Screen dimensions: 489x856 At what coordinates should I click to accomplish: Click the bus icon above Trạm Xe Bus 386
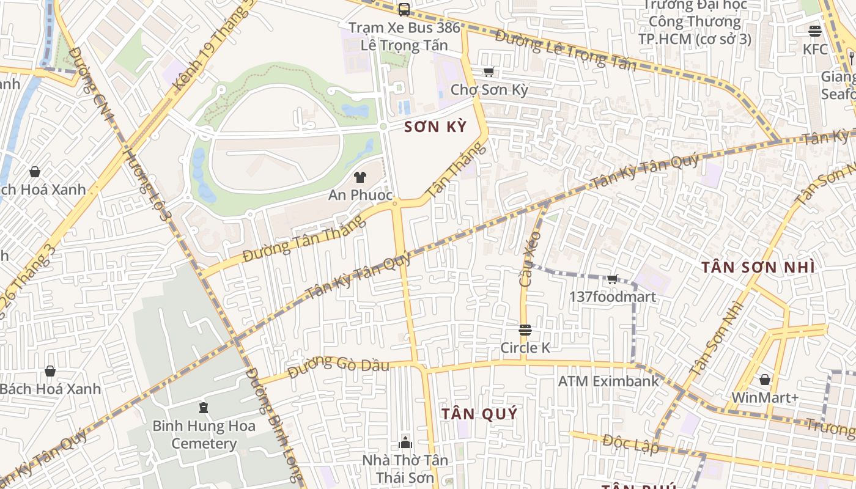[404, 9]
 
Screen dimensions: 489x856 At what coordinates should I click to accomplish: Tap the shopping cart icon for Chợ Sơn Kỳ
[489, 72]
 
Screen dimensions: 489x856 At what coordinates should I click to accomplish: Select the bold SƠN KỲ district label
[435, 127]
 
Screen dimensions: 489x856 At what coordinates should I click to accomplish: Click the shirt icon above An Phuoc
[360, 177]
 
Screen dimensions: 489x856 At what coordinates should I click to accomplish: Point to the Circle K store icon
[525, 331]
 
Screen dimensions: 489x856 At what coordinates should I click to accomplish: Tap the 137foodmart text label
[612, 297]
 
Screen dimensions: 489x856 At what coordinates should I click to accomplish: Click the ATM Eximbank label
[608, 381]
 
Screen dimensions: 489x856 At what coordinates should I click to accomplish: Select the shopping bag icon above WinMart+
[764, 380]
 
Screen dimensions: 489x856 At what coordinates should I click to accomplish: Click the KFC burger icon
[814, 31]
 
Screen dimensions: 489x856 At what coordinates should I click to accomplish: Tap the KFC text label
[815, 50]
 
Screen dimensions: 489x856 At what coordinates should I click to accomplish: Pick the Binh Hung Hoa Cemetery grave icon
[204, 408]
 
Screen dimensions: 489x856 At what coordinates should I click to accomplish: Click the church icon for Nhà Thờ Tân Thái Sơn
[405, 442]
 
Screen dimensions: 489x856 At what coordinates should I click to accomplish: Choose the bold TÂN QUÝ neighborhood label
[479, 414]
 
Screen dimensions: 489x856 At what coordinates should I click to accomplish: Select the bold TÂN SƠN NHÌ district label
[758, 267]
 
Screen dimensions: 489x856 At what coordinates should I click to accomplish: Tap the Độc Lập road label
[630, 443]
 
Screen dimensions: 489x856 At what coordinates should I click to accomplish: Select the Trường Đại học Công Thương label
[695, 22]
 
